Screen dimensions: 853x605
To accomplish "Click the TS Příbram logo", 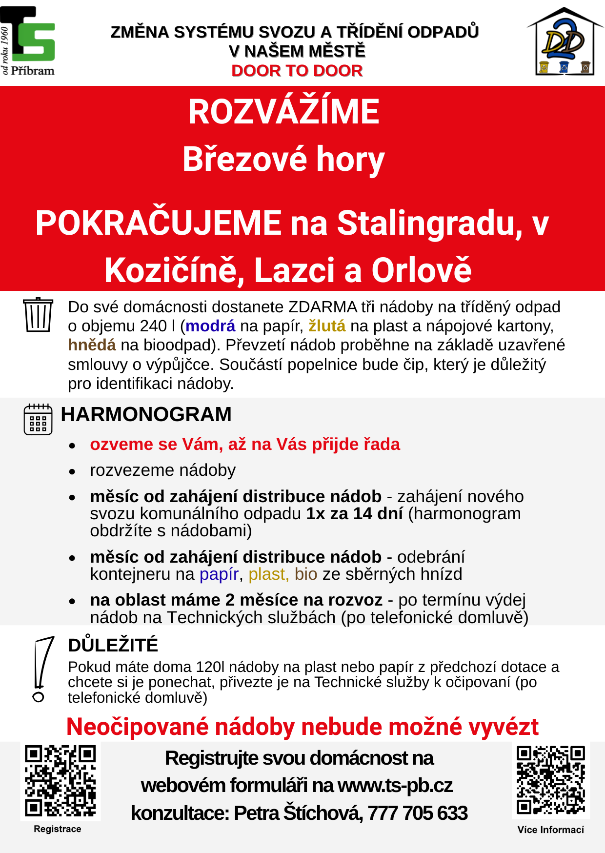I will [x=28, y=41].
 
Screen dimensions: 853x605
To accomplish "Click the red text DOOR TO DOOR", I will [x=297, y=71].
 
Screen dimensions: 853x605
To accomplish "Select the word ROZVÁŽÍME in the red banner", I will [x=283, y=112].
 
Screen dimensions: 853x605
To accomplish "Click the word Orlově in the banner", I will [x=422, y=270].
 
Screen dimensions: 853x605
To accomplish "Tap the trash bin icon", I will [x=38, y=315].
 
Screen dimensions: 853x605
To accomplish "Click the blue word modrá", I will [x=210, y=326].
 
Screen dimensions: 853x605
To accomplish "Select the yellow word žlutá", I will [x=327, y=326].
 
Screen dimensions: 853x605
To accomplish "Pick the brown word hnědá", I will [x=92, y=345].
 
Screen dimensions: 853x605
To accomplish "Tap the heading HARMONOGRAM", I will [x=146, y=414].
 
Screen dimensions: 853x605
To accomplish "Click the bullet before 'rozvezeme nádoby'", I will [x=72, y=471].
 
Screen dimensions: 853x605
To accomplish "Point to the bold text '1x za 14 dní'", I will [x=354, y=514].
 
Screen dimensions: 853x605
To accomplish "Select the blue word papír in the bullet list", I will [x=219, y=574].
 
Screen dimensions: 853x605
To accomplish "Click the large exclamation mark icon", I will [x=41, y=669].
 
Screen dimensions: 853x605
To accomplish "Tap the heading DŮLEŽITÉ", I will [x=113, y=645].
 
